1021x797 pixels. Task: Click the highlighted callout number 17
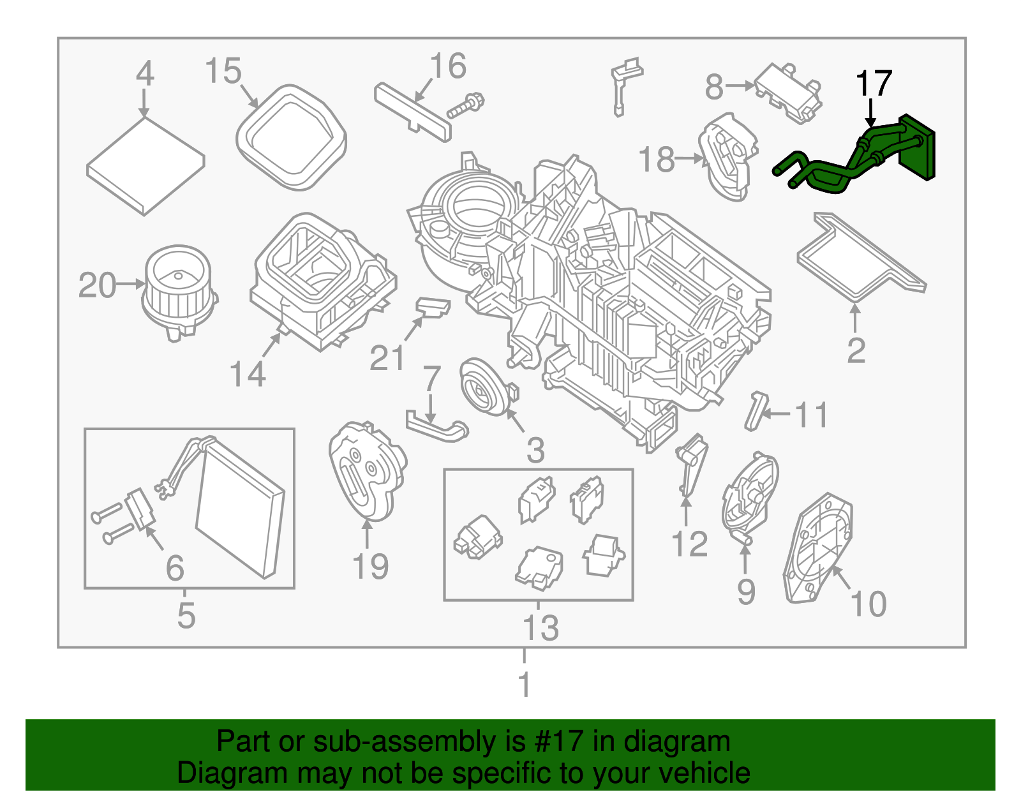[873, 84]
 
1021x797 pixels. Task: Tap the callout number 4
[145, 73]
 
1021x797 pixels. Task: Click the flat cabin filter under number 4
[145, 166]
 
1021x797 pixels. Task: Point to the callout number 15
[223, 71]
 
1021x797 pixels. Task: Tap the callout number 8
[714, 86]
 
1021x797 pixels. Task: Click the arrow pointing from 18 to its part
[689, 158]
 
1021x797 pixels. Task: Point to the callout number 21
[387, 358]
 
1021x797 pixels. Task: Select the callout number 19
[370, 566]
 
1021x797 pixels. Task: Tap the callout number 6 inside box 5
[175, 567]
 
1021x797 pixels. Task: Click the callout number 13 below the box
[540, 627]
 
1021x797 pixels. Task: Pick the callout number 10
[868, 603]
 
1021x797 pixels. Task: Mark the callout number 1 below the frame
[525, 685]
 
